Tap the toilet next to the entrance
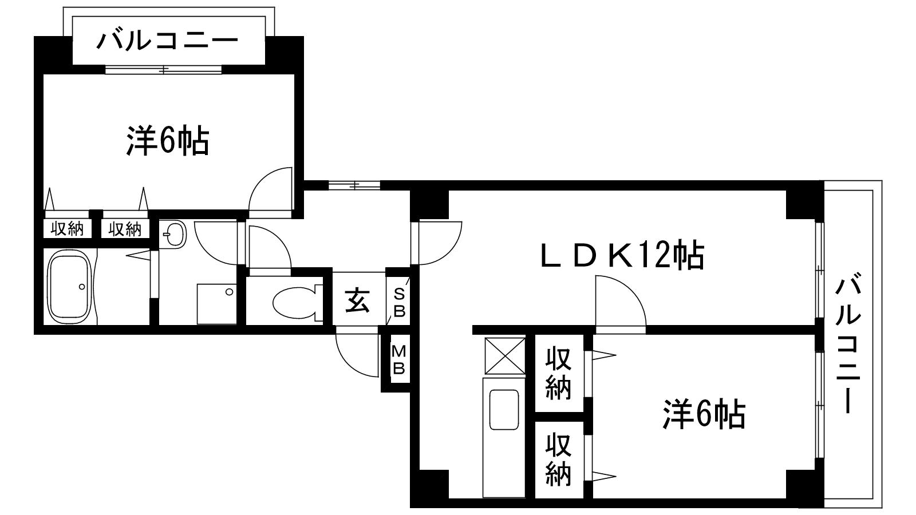click(x=294, y=302)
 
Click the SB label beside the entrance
click(x=399, y=303)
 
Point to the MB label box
click(x=398, y=360)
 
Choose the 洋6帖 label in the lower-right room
click(x=704, y=415)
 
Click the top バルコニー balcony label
click(x=167, y=41)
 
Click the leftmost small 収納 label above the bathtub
click(x=68, y=229)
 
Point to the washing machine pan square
click(x=216, y=303)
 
